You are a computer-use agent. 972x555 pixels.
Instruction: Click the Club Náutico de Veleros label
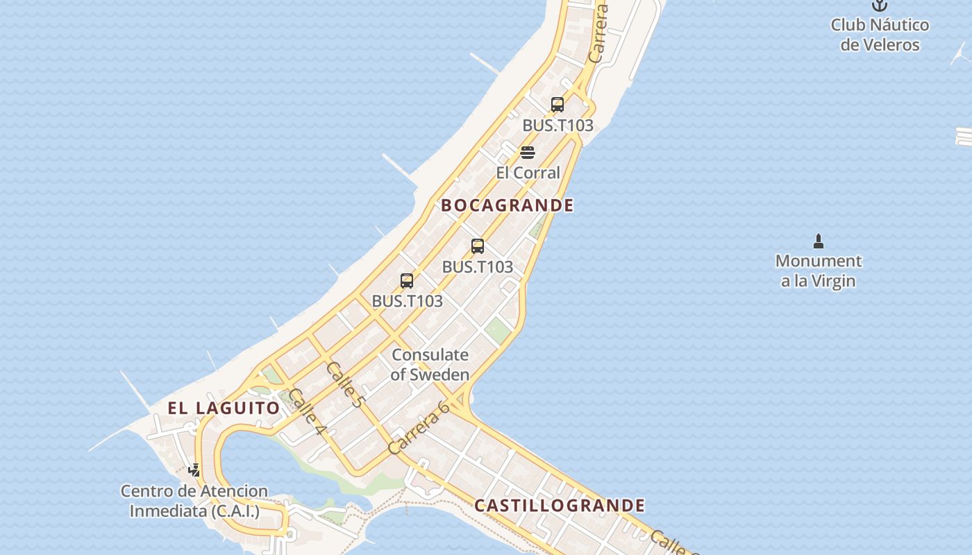pyautogui.click(x=880, y=35)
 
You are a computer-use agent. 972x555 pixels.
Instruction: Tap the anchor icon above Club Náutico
pyautogui.click(x=880, y=6)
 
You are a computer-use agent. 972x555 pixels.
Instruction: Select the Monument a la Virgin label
pyautogui.click(x=819, y=271)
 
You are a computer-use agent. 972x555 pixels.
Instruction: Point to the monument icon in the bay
pyautogui.click(x=819, y=241)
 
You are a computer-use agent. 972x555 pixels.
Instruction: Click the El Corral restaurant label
pyautogui.click(x=528, y=173)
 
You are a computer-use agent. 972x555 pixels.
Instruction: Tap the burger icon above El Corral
pyautogui.click(x=528, y=153)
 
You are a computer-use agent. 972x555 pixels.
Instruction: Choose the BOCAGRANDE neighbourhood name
pyautogui.click(x=508, y=205)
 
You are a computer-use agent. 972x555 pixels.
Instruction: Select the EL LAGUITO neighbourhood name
pyautogui.click(x=224, y=408)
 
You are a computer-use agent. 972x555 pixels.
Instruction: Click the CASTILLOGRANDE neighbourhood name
pyautogui.click(x=560, y=506)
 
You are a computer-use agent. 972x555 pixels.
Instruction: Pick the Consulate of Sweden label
pyautogui.click(x=430, y=364)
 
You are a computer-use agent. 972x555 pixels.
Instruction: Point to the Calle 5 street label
pyautogui.click(x=344, y=384)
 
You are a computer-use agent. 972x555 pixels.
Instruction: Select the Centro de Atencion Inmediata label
pyautogui.click(x=194, y=501)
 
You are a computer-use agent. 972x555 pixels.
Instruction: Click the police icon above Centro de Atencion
pyautogui.click(x=194, y=470)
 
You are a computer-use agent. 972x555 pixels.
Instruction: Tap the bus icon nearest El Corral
pyautogui.click(x=557, y=105)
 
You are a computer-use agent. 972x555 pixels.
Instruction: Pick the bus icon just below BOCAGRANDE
pyautogui.click(x=478, y=246)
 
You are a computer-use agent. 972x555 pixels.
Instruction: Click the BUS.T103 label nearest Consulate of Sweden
pyautogui.click(x=408, y=301)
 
